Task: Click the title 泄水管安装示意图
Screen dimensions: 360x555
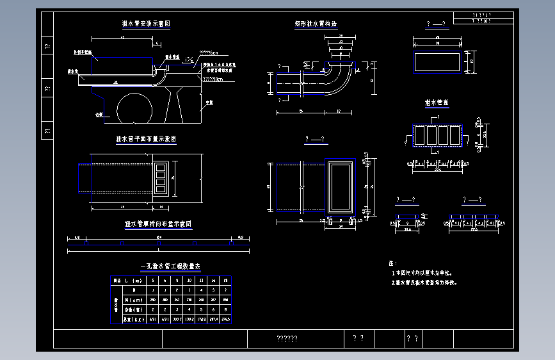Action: coord(146,24)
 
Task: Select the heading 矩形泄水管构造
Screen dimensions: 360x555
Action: coord(316,24)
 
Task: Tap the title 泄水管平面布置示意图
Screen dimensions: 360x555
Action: coord(146,138)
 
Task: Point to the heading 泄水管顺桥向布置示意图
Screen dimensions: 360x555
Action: coord(158,224)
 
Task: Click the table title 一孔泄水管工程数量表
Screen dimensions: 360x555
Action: coord(170,266)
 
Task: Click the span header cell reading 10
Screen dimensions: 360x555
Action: coord(189,280)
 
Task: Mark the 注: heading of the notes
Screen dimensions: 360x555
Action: coord(393,263)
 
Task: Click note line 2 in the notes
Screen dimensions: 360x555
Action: coord(426,282)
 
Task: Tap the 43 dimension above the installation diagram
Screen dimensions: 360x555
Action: coord(122,39)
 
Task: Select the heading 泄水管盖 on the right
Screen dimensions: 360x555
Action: coord(437,102)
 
